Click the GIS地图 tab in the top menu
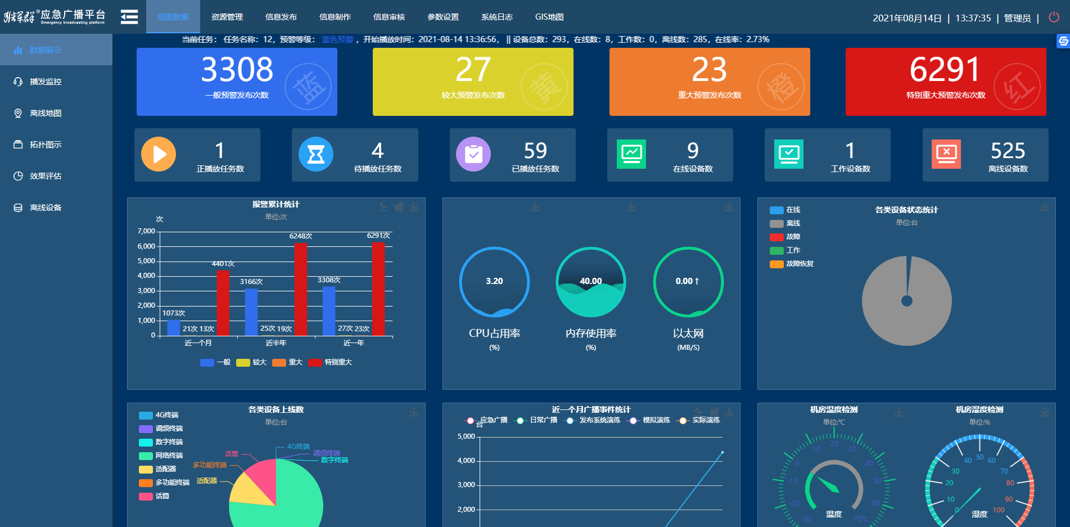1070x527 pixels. (549, 17)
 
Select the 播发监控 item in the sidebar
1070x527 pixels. (46, 82)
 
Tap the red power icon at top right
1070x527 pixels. (1054, 17)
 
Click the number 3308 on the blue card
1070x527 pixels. (237, 70)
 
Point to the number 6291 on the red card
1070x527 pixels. (945, 70)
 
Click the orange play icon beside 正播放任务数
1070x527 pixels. (159, 154)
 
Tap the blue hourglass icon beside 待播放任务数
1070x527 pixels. (316, 154)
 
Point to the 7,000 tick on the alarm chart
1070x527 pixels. (146, 231)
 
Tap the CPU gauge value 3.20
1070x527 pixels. (494, 281)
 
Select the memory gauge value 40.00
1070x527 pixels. (591, 281)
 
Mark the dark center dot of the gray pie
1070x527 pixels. (906, 301)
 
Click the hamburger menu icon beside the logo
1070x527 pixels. (129, 17)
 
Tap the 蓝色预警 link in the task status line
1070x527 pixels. (337, 39)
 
